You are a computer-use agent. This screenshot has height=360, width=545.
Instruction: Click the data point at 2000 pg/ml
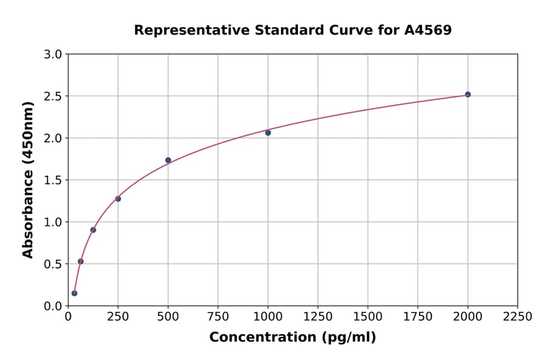point(467,95)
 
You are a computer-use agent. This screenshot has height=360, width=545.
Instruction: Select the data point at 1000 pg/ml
point(268,133)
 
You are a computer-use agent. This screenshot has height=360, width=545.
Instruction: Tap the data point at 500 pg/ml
point(168,160)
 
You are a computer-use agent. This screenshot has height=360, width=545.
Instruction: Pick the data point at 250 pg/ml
point(118,199)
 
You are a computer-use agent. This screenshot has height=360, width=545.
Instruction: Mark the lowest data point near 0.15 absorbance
point(74,293)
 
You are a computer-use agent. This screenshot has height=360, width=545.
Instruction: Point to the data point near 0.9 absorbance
point(93,230)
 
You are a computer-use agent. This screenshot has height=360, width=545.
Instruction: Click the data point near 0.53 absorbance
point(81,261)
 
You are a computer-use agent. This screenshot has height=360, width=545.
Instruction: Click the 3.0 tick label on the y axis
point(53,55)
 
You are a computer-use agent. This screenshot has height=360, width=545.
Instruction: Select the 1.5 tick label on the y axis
point(53,180)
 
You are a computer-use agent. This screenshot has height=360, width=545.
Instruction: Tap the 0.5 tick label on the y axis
point(53,264)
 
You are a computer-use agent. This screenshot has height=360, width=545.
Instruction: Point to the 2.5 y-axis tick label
point(53,96)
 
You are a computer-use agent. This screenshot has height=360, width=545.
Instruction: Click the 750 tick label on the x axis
point(218,316)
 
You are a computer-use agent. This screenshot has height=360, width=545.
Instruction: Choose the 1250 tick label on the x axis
point(318,316)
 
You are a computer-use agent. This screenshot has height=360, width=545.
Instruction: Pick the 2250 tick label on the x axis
point(518,316)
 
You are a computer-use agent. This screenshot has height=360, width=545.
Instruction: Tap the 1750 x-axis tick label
point(418,316)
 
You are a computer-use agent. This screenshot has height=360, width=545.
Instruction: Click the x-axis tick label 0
point(68,316)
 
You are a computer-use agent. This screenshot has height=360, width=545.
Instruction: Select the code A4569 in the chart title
point(428,30)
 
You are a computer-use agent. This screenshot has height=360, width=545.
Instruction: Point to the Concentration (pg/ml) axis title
point(292,338)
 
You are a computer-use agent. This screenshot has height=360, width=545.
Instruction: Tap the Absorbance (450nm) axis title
point(28,179)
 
